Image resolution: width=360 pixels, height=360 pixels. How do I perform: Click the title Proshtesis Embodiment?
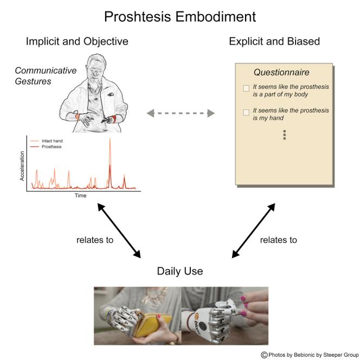(x=180, y=16)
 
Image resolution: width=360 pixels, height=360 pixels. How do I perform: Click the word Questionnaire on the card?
(x=281, y=73)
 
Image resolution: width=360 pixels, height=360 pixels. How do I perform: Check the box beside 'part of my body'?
(x=246, y=88)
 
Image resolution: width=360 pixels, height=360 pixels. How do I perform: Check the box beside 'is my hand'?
(x=246, y=112)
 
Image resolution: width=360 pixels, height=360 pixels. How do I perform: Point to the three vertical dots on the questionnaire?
(x=284, y=135)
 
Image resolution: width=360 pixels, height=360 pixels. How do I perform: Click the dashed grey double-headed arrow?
(x=181, y=113)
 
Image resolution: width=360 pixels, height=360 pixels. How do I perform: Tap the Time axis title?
(x=80, y=195)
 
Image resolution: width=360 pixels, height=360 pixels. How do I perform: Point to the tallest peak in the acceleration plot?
(x=110, y=140)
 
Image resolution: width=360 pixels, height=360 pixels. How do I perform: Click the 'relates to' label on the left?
(x=95, y=240)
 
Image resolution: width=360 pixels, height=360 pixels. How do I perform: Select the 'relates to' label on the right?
(x=278, y=240)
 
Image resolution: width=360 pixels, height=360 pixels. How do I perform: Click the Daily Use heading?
(x=180, y=271)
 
